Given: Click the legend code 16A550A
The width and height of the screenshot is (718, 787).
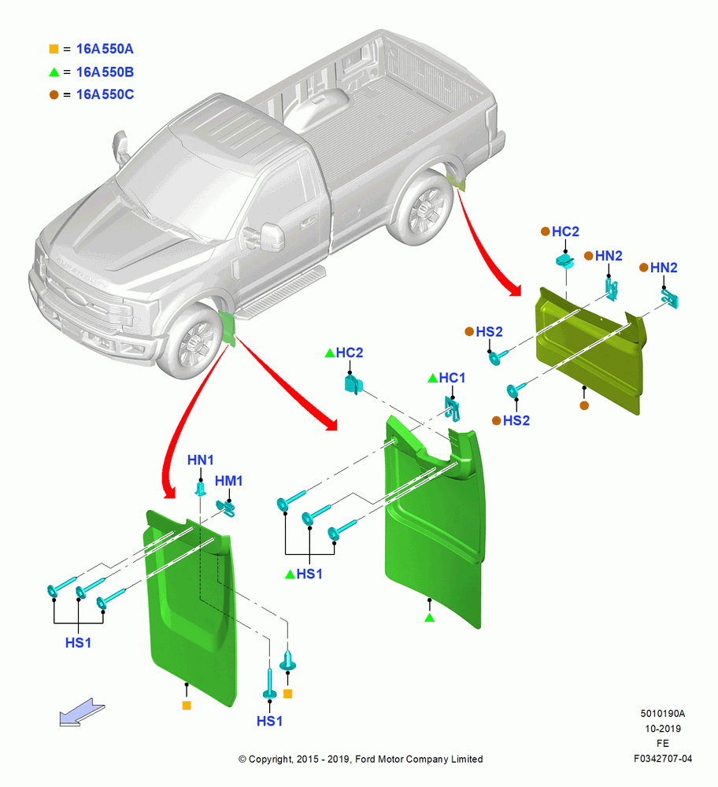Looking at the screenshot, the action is [x=105, y=49].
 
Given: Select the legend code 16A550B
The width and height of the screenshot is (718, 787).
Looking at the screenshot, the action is [x=105, y=72].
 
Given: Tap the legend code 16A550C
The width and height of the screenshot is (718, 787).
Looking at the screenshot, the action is [x=105, y=94].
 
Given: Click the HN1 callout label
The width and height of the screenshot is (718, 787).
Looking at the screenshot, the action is [x=200, y=460].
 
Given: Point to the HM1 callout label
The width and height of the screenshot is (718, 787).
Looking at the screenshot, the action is [x=228, y=481].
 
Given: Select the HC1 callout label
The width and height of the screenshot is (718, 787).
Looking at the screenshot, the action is [x=452, y=378].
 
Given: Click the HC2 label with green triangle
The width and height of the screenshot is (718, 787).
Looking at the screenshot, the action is [x=349, y=353].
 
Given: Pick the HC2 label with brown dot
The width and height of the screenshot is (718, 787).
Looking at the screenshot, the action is [x=565, y=231].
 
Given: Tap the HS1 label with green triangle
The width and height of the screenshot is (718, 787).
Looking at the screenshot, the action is [x=309, y=574].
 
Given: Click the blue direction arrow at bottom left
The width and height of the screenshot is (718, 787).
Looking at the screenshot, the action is [x=81, y=712].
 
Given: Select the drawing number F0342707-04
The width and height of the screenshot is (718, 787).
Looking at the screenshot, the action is [x=663, y=759].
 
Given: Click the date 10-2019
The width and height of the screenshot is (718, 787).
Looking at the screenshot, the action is [x=663, y=728].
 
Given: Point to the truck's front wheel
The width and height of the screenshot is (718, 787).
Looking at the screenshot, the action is [x=190, y=342].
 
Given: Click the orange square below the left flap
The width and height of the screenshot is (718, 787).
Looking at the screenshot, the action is [x=187, y=705].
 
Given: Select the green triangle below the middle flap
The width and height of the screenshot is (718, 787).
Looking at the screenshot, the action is [x=429, y=618].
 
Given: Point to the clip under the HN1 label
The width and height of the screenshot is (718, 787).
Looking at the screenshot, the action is [x=200, y=489].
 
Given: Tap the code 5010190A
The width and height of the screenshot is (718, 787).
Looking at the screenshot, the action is [x=663, y=713].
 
